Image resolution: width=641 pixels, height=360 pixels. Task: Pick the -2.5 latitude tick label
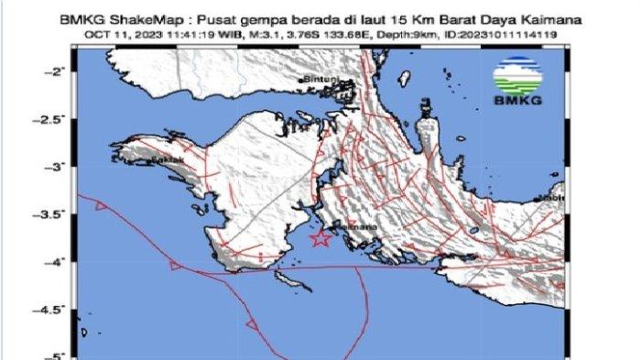53,119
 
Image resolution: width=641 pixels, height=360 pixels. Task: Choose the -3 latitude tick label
59,167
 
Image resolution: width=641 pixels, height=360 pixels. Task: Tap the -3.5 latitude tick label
53,214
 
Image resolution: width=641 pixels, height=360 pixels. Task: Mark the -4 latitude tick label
59,262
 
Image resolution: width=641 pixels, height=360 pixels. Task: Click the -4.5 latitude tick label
53,310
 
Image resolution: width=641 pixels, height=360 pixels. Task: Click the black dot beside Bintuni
305,85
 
